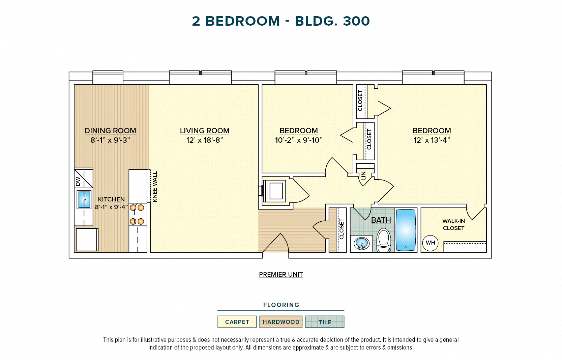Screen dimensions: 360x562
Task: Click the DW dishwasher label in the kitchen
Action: (x=78, y=182)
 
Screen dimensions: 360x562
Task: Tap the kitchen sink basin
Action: (x=84, y=199)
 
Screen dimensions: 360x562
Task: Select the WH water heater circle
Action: (x=430, y=243)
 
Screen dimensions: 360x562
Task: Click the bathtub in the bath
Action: (x=406, y=230)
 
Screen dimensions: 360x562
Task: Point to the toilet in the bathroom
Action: (x=383, y=240)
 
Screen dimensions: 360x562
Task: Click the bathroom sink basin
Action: (x=362, y=243)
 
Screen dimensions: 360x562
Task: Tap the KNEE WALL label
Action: (x=155, y=187)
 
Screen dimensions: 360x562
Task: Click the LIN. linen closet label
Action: (x=363, y=175)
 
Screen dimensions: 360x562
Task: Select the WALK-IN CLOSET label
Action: (x=453, y=225)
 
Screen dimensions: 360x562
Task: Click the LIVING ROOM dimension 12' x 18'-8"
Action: (x=205, y=140)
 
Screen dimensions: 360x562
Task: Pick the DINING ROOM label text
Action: (x=110, y=131)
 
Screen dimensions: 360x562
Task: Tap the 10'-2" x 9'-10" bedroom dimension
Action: (x=299, y=140)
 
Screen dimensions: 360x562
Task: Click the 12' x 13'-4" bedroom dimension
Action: (x=432, y=140)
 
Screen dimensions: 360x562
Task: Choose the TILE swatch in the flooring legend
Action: (x=325, y=322)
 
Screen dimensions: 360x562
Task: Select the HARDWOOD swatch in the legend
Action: (x=281, y=322)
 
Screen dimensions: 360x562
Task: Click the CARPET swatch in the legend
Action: (x=237, y=322)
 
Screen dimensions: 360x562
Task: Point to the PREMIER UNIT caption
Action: (x=281, y=275)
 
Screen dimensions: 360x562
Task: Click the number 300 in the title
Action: (x=356, y=21)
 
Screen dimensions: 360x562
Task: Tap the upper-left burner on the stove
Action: (x=133, y=207)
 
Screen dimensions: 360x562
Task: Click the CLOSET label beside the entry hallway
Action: (x=342, y=229)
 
